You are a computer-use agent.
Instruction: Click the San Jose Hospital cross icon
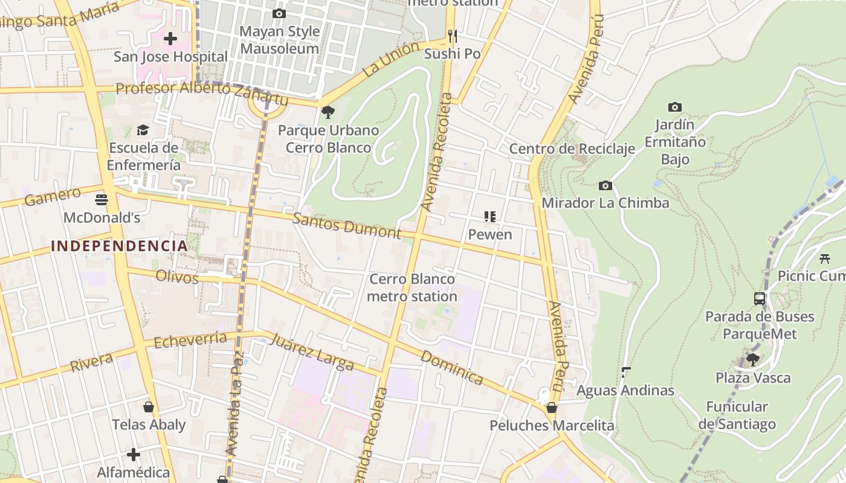(170, 39)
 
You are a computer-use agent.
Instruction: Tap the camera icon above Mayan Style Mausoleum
(279, 13)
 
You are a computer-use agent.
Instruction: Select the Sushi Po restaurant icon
(452, 36)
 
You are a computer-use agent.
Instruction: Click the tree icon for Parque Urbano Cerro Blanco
(328, 112)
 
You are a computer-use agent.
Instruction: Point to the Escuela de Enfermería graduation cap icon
(143, 130)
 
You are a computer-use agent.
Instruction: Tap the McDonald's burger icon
(102, 199)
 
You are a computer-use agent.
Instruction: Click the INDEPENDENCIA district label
(119, 246)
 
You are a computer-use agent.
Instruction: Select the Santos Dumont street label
(347, 225)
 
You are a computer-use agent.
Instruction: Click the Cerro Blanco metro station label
(412, 288)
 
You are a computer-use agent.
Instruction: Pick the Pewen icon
(490, 216)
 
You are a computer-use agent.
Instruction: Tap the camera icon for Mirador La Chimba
(605, 185)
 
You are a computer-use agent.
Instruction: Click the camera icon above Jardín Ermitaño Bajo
(674, 107)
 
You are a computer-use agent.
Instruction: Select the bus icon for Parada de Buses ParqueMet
(760, 298)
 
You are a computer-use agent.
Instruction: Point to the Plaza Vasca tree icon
(753, 360)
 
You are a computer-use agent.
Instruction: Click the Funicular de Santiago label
(737, 415)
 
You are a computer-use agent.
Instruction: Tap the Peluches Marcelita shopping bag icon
(551, 408)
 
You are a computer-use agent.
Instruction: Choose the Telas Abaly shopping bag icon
(148, 406)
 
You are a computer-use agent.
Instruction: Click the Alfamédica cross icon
(134, 453)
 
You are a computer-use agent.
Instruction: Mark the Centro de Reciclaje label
(572, 149)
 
